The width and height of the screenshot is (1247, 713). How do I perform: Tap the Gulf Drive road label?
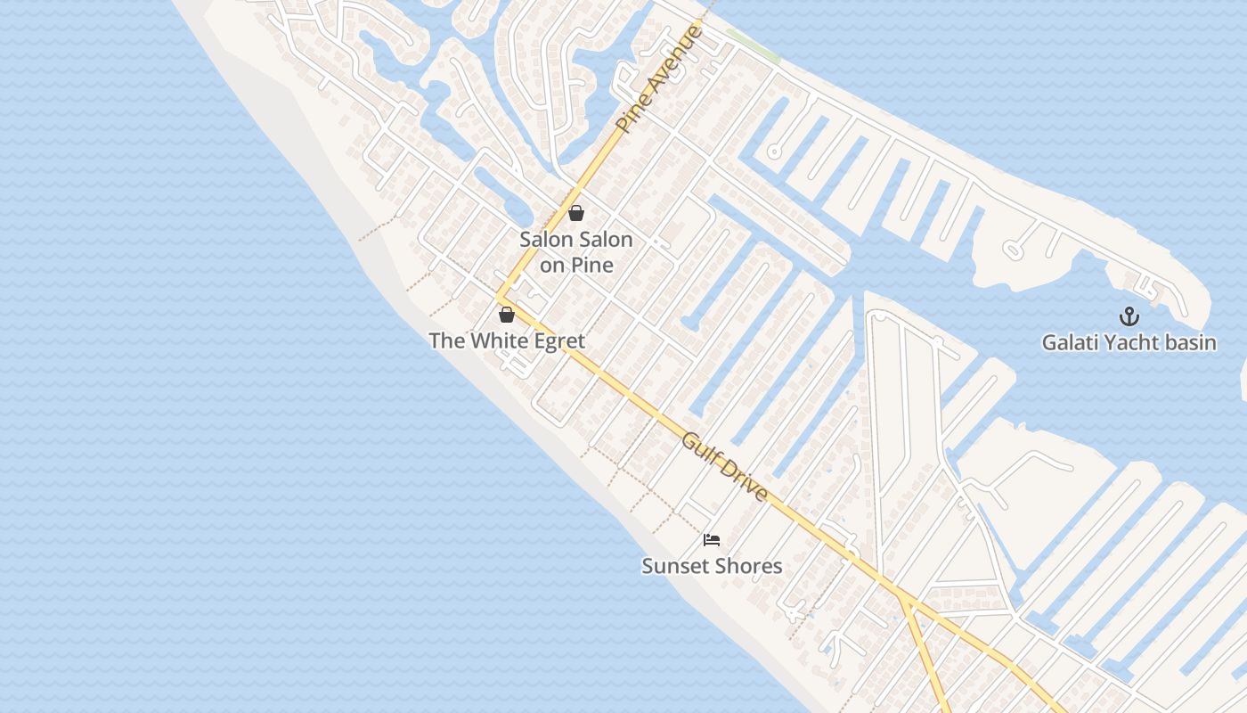725,467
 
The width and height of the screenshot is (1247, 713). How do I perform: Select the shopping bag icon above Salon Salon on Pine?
576,213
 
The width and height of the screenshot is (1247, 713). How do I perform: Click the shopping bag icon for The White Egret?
507,315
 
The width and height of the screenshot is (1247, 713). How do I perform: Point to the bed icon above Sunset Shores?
711,540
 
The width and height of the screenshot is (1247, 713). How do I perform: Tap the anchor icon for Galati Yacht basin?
1129,316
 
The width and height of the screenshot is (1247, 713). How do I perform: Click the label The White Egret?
507,340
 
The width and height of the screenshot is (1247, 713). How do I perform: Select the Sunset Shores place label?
712,566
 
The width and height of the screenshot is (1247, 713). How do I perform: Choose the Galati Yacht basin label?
1129,342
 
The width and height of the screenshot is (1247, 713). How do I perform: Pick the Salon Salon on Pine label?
576,251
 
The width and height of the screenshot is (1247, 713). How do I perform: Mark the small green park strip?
753,45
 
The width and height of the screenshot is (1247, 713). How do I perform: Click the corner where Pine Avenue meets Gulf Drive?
499,298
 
